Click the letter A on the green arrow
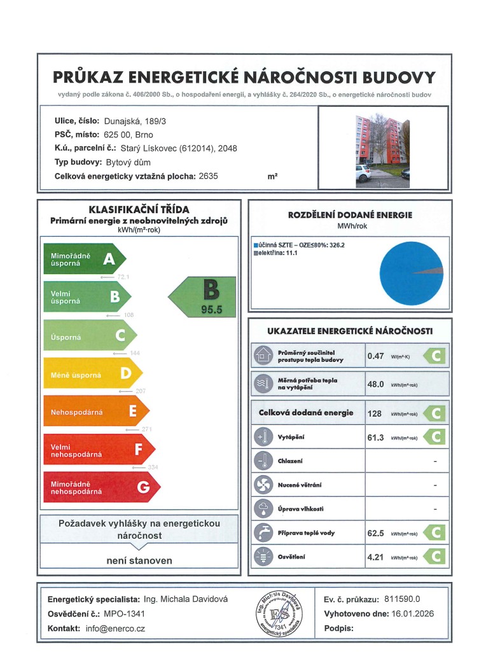109,259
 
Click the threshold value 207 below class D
141,391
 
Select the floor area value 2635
208,176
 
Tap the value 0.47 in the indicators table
375,356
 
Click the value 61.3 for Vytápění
375,438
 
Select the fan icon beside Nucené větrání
262,486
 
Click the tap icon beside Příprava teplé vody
262,533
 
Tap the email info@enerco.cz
115,628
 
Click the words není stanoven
139,560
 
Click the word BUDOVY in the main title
399,78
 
